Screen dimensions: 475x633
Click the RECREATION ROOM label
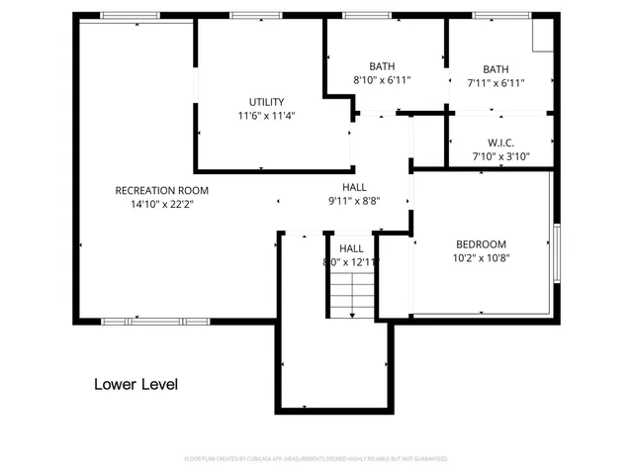[161, 190]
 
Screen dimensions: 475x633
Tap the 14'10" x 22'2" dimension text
[161, 205]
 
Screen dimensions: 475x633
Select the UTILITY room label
[266, 101]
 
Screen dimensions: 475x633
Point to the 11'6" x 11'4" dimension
[266, 116]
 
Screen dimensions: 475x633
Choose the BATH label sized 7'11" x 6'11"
[496, 69]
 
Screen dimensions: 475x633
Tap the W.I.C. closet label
[500, 142]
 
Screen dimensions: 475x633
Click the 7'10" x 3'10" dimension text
[500, 156]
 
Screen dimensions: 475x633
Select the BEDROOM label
[481, 244]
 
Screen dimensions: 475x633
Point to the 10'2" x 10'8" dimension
[481, 259]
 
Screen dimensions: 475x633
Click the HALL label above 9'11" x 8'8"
[354, 186]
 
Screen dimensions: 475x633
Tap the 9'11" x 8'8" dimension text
[354, 200]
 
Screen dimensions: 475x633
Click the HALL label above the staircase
[351, 248]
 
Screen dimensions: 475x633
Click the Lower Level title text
[136, 384]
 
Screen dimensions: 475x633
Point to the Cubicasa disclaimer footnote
[316, 459]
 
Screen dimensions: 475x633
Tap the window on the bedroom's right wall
[556, 251]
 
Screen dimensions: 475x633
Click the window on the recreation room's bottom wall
[155, 321]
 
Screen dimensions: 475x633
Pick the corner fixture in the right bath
[542, 36]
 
